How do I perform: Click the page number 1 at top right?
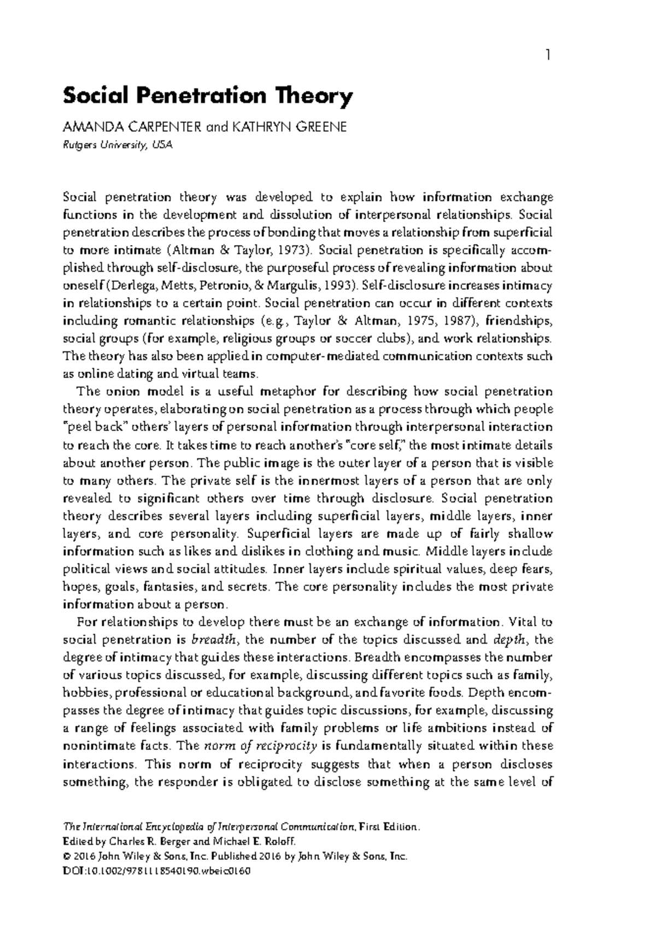pyautogui.click(x=549, y=55)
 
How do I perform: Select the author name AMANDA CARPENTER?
pyautogui.click(x=133, y=127)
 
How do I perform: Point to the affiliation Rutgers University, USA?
pyautogui.click(x=118, y=145)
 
